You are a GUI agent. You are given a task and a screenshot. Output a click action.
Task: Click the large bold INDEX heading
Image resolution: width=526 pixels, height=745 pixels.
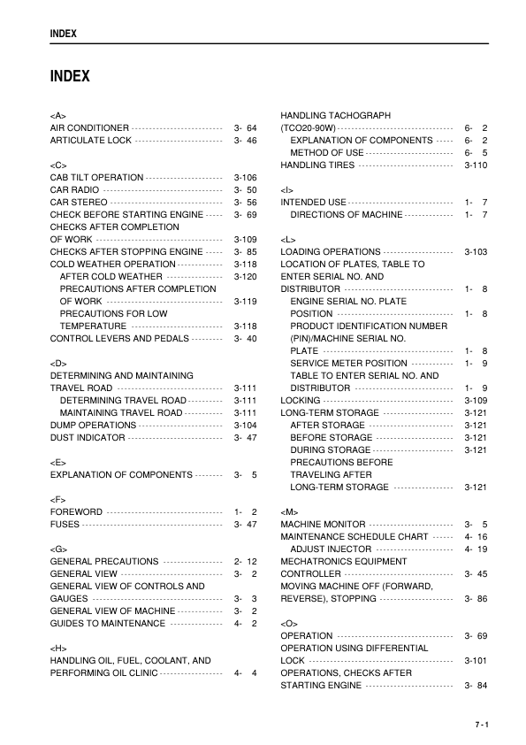click(x=70, y=76)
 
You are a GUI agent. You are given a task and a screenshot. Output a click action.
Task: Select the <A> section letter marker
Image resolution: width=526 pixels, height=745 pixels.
click(x=58, y=116)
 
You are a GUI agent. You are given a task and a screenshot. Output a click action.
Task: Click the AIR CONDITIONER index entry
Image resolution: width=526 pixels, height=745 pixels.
click(x=89, y=128)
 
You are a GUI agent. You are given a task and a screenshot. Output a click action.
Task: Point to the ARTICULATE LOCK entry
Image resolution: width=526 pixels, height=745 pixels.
click(x=91, y=141)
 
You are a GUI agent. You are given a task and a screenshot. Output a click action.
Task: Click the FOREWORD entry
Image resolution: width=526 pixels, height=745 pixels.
click(x=76, y=512)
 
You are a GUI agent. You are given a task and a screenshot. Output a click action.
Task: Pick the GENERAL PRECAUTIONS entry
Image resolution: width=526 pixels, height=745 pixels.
click(x=104, y=562)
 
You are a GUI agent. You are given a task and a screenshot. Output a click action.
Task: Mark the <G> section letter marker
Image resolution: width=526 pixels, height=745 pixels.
click(x=58, y=549)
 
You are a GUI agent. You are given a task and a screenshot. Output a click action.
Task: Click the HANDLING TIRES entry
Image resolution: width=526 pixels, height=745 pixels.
click(x=319, y=165)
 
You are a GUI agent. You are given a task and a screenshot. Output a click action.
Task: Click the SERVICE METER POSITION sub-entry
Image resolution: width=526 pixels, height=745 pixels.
click(x=348, y=364)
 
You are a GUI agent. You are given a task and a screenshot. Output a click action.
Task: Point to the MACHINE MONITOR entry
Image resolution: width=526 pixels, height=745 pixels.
click(x=323, y=525)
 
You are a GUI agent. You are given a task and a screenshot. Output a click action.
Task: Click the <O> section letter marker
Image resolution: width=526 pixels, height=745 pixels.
click(x=288, y=624)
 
